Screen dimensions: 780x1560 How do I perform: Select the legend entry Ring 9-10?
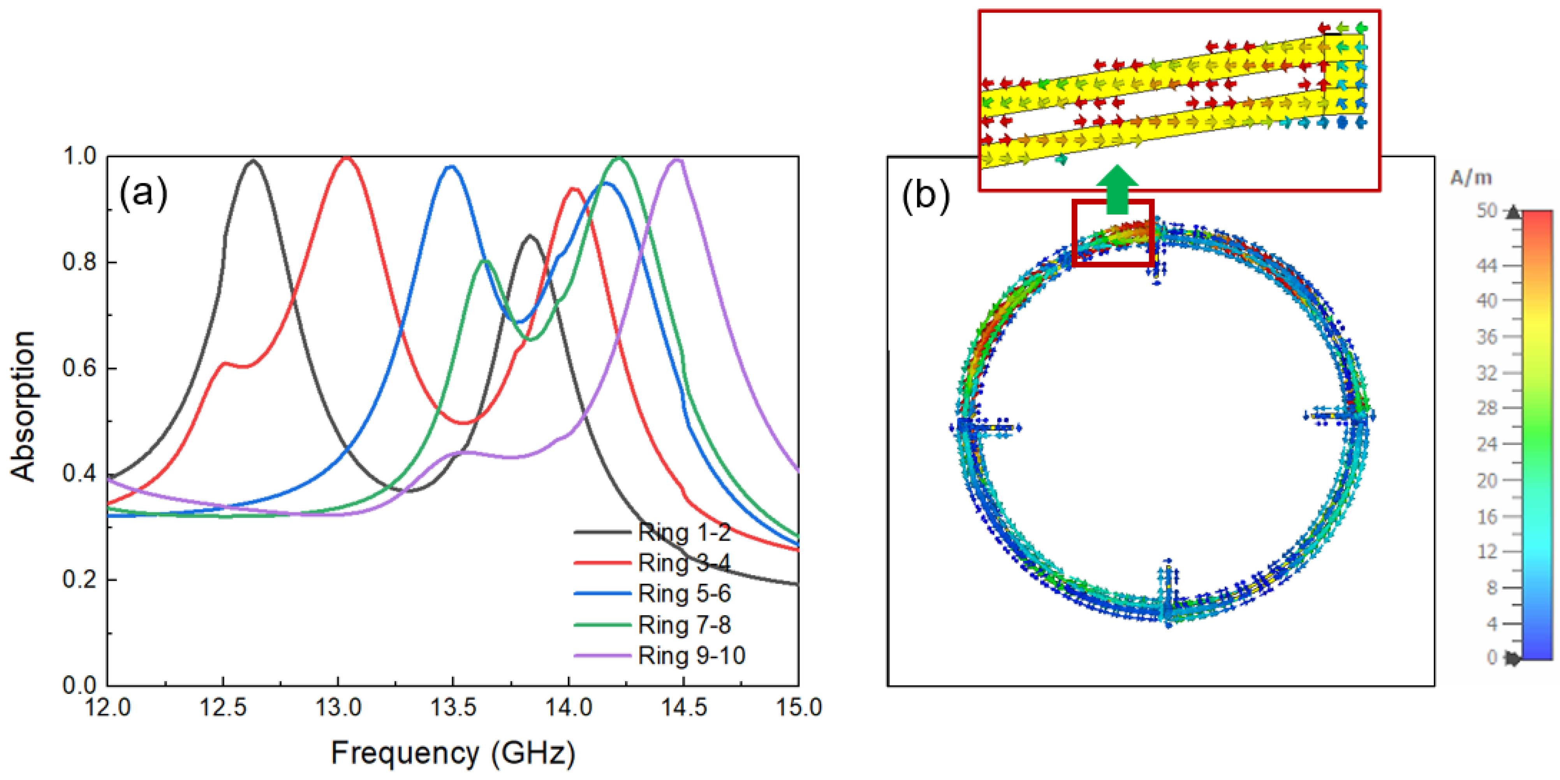coord(691,656)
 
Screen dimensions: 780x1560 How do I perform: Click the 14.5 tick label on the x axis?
coord(683,707)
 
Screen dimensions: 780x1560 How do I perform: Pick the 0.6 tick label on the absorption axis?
coord(79,369)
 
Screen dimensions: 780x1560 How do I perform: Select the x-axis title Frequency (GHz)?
coord(453,753)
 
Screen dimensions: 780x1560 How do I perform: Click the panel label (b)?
coord(925,195)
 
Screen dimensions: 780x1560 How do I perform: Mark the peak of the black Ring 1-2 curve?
coord(252,161)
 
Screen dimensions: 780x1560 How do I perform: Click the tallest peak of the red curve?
coord(346,158)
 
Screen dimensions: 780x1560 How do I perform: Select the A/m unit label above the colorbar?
coord(1470,178)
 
